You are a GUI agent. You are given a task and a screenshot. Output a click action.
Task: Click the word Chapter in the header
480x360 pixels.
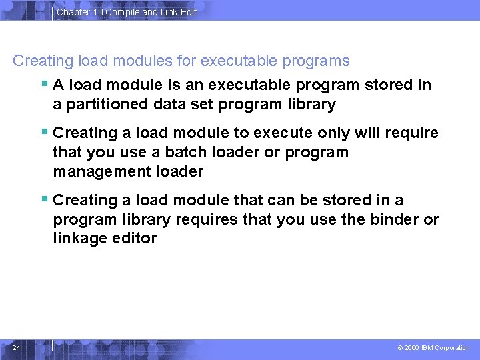point(73,12)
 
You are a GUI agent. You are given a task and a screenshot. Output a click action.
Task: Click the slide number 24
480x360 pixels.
point(16,347)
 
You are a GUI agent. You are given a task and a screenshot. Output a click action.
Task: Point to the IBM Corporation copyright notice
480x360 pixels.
point(433,348)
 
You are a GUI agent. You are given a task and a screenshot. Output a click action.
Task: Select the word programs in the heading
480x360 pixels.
point(318,61)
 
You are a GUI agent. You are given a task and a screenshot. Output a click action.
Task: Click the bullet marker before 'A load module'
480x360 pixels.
point(45,84)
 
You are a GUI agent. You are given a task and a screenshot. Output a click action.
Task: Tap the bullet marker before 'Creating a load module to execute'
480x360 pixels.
point(45,132)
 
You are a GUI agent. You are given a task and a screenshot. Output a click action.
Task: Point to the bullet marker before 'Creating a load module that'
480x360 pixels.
point(45,199)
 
